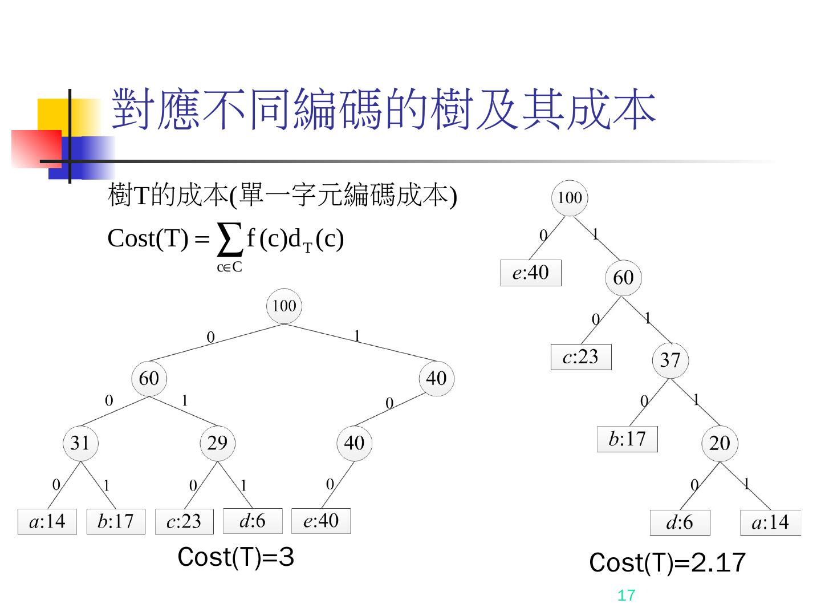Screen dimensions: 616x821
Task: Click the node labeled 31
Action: (x=80, y=443)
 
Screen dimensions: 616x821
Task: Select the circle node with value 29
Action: (x=217, y=443)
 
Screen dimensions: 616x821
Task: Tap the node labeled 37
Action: (x=670, y=360)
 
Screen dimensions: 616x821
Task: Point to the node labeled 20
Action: (x=720, y=443)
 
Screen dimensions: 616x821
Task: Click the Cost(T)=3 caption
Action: (x=235, y=557)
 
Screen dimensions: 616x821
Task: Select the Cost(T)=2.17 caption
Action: (x=667, y=563)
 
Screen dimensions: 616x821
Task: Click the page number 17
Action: (x=626, y=596)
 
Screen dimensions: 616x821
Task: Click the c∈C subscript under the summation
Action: (x=229, y=267)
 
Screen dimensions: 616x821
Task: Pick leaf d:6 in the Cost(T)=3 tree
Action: (x=252, y=521)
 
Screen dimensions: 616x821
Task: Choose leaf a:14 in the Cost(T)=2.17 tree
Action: (x=770, y=522)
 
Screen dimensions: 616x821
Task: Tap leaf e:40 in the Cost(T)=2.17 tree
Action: (x=530, y=273)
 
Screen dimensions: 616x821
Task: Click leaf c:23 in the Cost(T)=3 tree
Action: (x=184, y=521)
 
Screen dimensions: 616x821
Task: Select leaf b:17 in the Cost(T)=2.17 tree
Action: (x=627, y=439)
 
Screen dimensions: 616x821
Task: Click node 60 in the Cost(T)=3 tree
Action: (x=149, y=378)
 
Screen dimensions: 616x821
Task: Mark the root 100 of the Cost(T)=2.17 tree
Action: (x=570, y=198)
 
